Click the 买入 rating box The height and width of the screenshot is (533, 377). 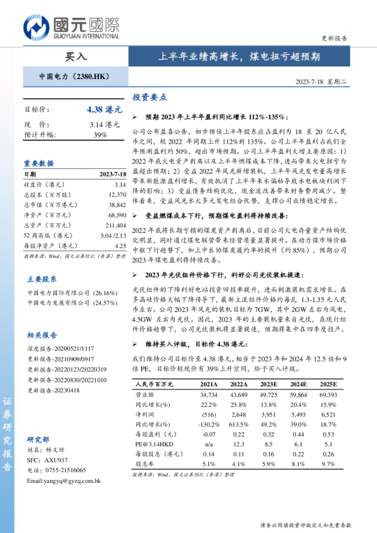[76, 56]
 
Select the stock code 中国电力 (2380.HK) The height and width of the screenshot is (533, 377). [74, 77]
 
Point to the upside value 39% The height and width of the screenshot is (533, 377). [100, 135]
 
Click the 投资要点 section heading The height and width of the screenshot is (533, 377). [149, 97]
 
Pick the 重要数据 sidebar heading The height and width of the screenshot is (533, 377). [39, 163]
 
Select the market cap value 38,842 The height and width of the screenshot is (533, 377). [117, 205]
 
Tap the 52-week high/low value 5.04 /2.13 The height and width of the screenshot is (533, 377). [112, 235]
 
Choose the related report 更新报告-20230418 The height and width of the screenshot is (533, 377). [54, 390]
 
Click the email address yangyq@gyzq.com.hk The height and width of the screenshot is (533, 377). [64, 480]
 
